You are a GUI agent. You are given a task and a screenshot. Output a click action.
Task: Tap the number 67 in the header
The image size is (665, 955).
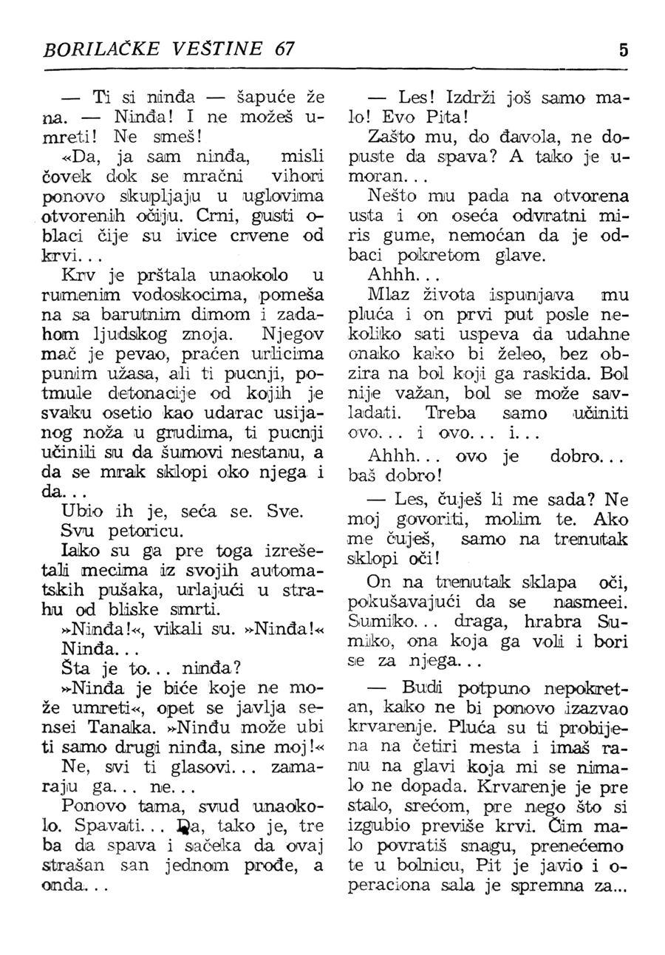(283, 49)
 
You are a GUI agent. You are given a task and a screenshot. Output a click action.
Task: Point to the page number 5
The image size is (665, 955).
(623, 50)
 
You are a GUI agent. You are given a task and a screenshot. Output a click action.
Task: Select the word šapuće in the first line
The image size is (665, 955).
(258, 98)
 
